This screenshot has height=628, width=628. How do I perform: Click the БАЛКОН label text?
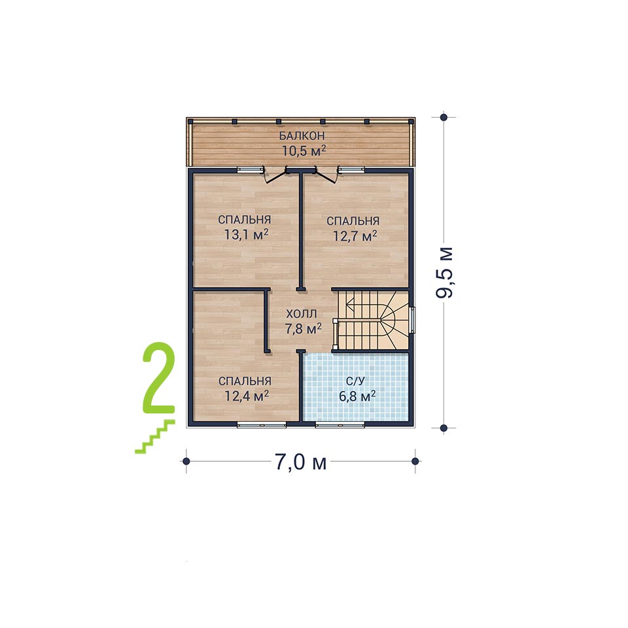(x=302, y=136)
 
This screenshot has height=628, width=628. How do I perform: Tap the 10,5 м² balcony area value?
(x=304, y=151)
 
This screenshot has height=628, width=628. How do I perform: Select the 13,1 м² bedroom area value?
(x=246, y=235)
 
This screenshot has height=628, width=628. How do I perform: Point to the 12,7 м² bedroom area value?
(x=355, y=236)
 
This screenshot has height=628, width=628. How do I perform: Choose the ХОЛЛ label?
(x=302, y=313)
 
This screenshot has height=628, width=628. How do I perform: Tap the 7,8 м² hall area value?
(x=303, y=329)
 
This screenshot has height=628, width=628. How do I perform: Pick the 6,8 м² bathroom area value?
(x=357, y=396)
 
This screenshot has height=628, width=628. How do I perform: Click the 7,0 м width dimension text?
(x=300, y=462)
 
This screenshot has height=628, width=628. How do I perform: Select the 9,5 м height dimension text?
(x=445, y=272)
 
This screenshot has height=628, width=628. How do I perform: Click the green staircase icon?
(x=155, y=436)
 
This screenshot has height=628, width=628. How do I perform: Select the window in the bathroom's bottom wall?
(x=340, y=425)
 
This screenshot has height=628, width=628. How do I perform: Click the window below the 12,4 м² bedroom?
(x=262, y=425)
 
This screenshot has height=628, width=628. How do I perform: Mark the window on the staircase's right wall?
(x=412, y=320)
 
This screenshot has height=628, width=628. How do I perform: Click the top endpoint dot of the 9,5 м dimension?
(x=444, y=117)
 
